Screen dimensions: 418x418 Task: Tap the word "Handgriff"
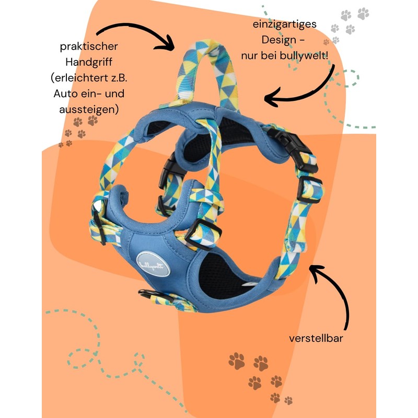coord(86,62)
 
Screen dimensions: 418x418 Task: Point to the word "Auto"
coord(64,94)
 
